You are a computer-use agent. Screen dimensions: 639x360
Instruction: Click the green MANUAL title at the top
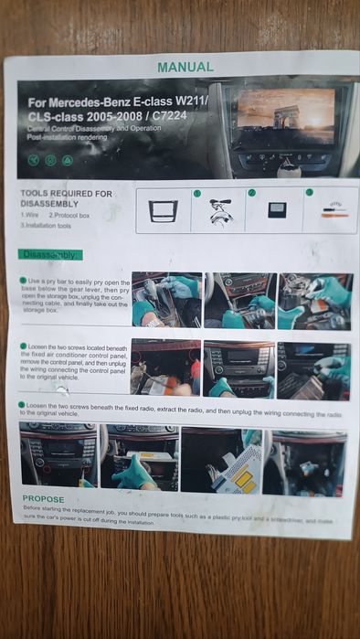pyautogui.click(x=185, y=67)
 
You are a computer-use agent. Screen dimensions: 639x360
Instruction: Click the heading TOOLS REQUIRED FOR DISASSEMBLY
pyautogui.click(x=66, y=198)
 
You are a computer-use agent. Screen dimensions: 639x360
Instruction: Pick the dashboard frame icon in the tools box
pyautogui.click(x=164, y=211)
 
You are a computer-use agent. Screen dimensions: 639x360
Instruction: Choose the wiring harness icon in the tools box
pyautogui.click(x=219, y=211)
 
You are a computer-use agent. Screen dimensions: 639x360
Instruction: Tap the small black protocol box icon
pyautogui.click(x=275, y=210)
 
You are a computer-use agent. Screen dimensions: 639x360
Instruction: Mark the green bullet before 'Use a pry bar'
pyautogui.click(x=23, y=281)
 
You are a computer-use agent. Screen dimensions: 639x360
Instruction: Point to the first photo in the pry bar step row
pyautogui.click(x=164, y=299)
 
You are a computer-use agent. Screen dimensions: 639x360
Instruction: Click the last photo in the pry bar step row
pyautogui.click(x=315, y=302)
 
